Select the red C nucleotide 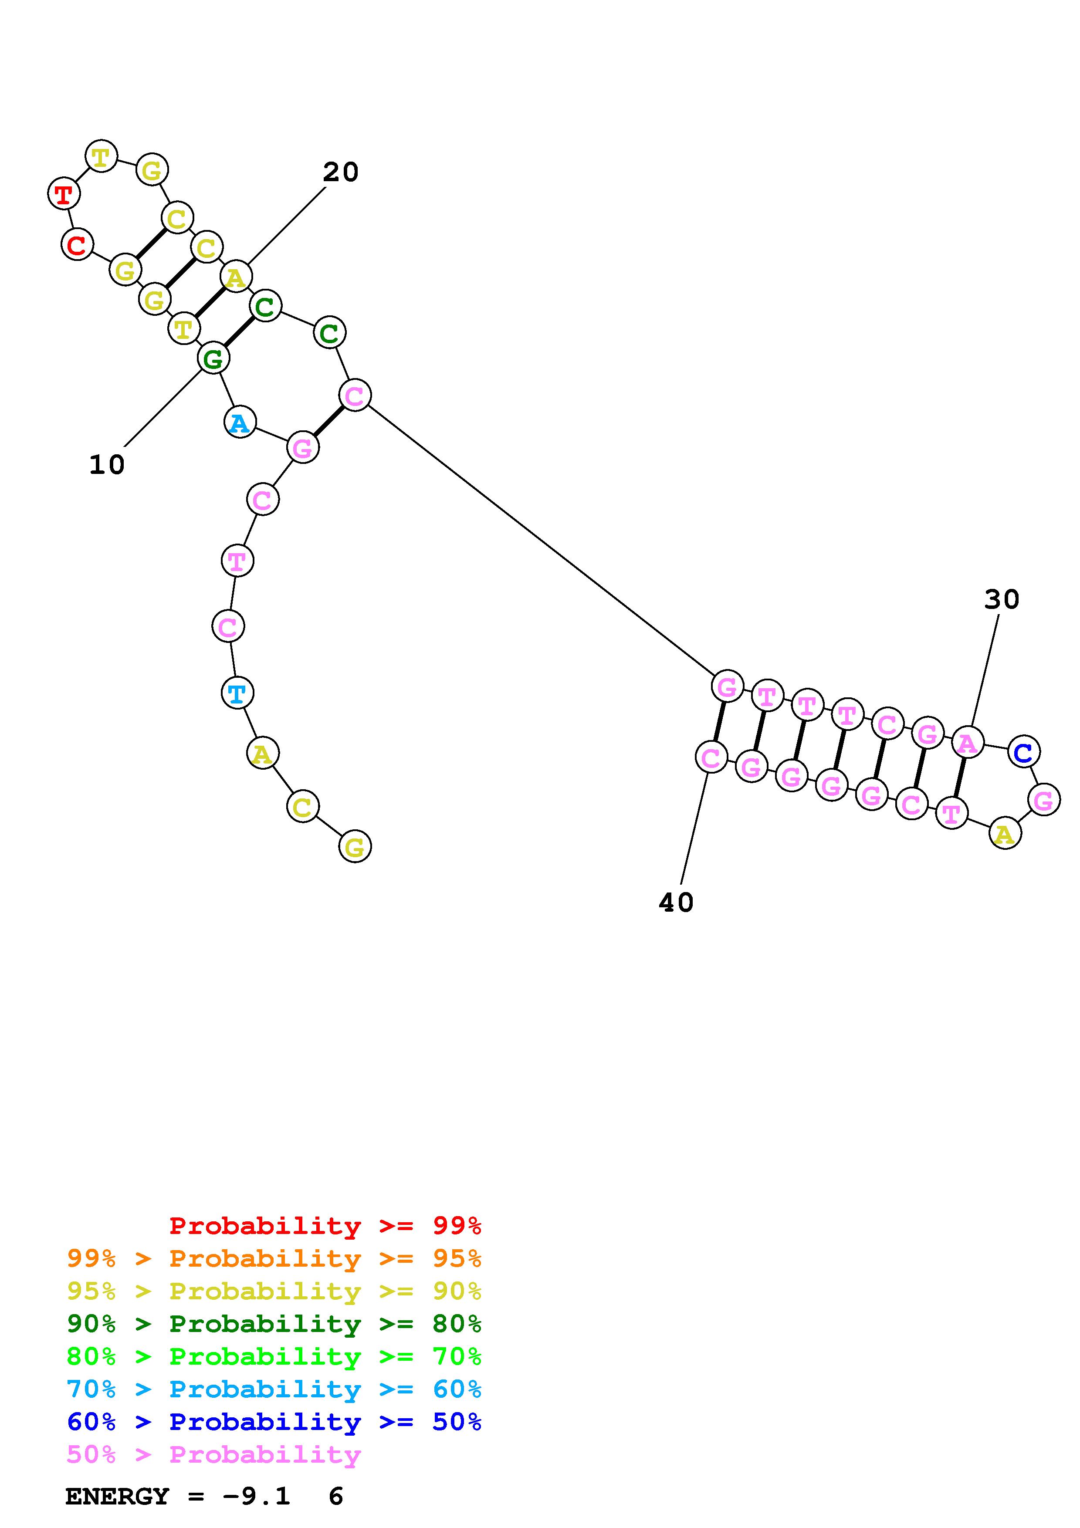point(77,245)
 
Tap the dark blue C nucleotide point(1023,752)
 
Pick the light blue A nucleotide point(240,423)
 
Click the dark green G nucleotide point(213,359)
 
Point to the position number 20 point(341,173)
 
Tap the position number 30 point(1002,600)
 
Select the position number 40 point(676,903)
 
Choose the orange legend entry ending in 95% point(274,1258)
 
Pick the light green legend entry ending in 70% point(274,1356)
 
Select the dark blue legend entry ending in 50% point(274,1422)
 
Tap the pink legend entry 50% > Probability point(213,1454)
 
